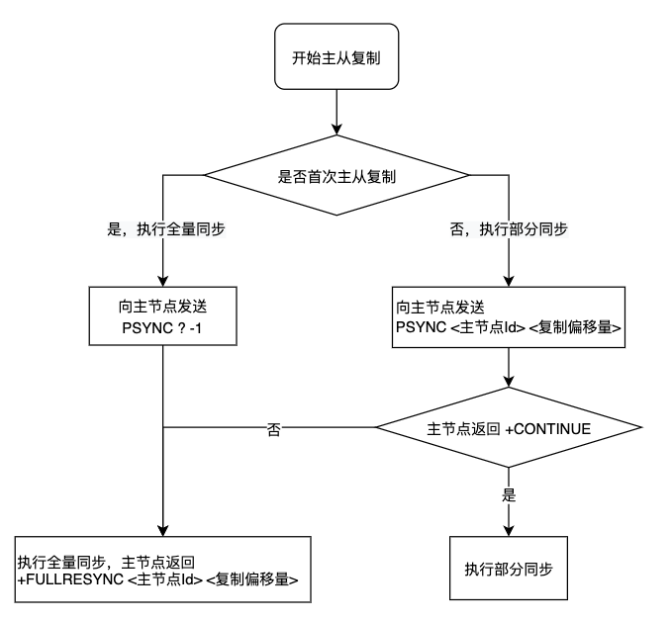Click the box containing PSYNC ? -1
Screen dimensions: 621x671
[162, 315]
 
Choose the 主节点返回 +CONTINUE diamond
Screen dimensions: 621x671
[508, 429]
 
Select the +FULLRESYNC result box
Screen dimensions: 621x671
[163, 569]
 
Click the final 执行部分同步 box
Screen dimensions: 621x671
[508, 569]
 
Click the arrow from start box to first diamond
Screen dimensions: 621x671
[338, 119]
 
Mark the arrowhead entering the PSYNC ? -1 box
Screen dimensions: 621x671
[162, 281]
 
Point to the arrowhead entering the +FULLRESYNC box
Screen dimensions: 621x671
[162, 530]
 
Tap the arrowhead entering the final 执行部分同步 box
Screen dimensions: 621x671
[508, 530]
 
